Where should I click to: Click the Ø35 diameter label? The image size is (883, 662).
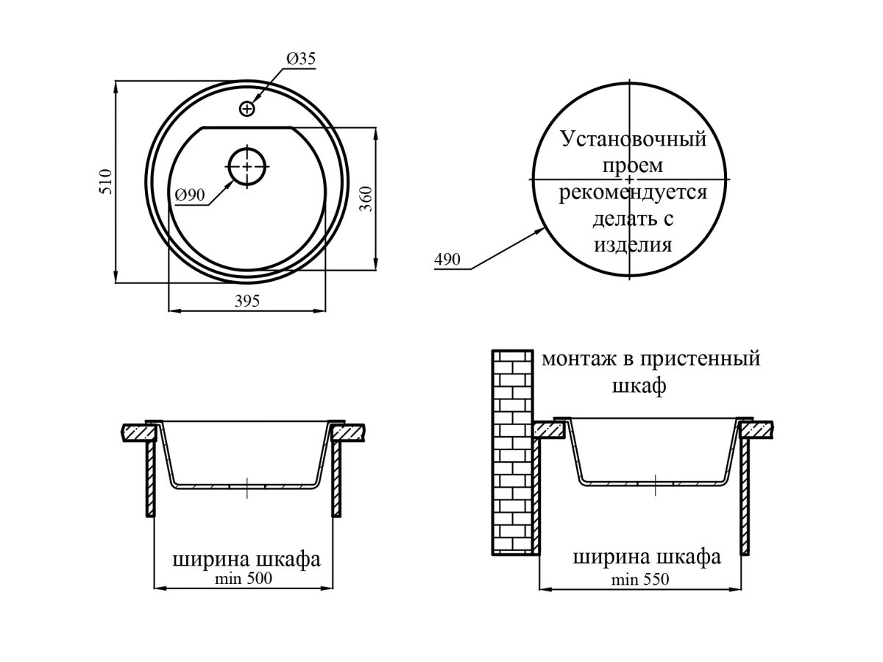coord(301,59)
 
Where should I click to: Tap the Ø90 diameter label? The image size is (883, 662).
coord(190,196)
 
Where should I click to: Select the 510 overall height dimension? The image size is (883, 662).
coord(106,182)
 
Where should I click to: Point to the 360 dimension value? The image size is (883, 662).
coord(366,199)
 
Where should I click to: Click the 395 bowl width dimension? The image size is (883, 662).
coord(247,301)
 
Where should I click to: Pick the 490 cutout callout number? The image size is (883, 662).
coord(447,260)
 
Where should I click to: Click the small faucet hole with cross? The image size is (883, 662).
coord(247,109)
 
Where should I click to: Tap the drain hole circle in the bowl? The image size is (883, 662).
coord(247,166)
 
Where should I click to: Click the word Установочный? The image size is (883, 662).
coord(634,140)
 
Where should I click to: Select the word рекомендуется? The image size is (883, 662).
coord(633,192)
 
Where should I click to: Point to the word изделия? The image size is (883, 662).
coord(633,245)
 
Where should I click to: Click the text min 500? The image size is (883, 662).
coord(244,578)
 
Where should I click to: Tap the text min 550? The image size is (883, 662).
coord(640,580)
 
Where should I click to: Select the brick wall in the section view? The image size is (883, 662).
coord(512,452)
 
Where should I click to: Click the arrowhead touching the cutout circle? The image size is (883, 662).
coord(539,231)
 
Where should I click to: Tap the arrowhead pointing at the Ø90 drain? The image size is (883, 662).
coord(230,185)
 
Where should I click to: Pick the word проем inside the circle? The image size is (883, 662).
coord(632,166)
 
